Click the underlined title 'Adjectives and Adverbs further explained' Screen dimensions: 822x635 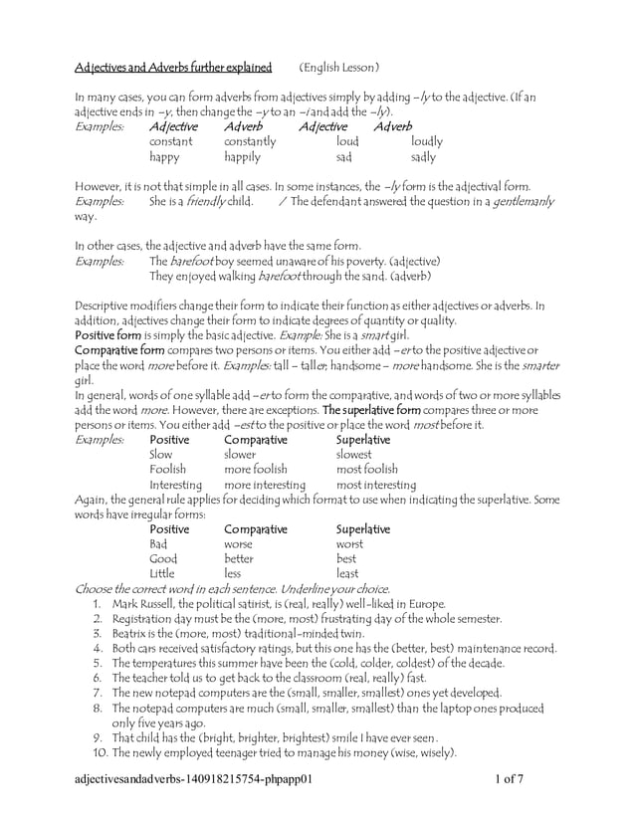pos(173,68)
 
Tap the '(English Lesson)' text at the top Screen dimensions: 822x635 pos(339,68)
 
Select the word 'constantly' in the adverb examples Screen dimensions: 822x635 pos(250,142)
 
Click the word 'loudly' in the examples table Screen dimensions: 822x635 pos(427,142)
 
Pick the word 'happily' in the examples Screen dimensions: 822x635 pos(242,157)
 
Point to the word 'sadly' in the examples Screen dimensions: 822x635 pos(423,157)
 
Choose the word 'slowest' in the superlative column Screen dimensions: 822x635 pos(355,454)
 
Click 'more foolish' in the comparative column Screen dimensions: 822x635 pos(256,469)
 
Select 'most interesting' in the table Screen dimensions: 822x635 pos(375,485)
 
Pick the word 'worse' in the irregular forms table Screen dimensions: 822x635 pos(239,544)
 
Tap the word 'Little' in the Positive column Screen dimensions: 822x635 pos(161,573)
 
